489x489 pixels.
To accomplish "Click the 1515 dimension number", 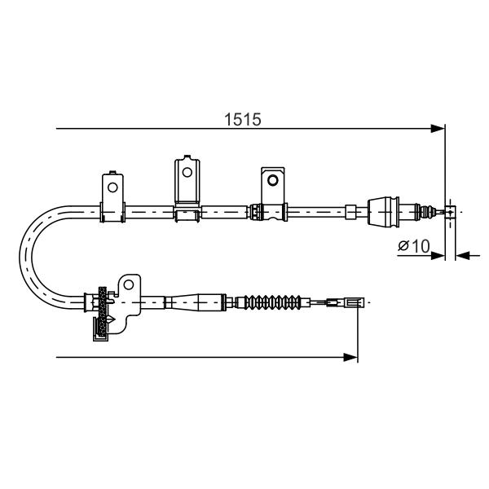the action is pos(243,120).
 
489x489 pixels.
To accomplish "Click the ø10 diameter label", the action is pos(413,246).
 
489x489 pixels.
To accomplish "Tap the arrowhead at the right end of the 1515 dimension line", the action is pos(438,129).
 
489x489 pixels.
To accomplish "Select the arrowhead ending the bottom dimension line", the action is pos(350,358).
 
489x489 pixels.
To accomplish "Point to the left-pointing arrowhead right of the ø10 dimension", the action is pos(463,256).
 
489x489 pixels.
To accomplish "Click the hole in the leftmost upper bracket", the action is pos(112,187).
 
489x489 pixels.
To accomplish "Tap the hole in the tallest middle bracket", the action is pos(187,172).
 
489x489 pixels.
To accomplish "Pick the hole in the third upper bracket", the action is pos(272,180).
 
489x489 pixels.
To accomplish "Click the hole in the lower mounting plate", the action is pos(129,284).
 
